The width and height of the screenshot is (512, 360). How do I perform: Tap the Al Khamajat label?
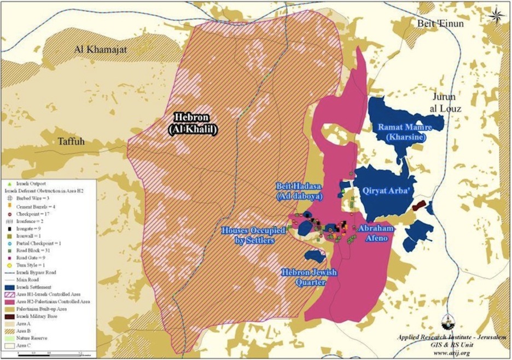(x=101, y=50)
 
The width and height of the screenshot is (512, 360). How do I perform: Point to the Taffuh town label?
(x=72, y=141)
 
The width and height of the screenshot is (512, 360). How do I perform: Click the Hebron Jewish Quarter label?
(x=310, y=277)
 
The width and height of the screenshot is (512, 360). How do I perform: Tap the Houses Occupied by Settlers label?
(x=253, y=235)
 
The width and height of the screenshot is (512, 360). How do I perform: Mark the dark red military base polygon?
(x=418, y=205)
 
